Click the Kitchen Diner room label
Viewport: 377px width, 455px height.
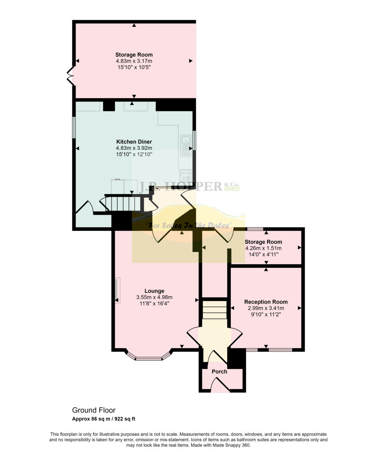(134, 142)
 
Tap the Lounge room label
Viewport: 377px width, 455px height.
(154, 291)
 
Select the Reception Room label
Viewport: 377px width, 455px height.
(266, 302)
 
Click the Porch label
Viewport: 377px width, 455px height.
(219, 372)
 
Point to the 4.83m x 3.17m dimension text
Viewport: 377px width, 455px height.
(134, 61)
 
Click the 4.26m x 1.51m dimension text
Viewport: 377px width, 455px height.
(263, 248)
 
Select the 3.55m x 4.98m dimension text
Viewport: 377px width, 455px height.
(154, 298)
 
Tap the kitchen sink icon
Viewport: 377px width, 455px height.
(186, 145)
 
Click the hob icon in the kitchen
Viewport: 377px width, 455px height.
(186, 175)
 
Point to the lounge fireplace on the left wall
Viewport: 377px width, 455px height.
(117, 290)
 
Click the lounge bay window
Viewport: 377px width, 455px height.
(149, 357)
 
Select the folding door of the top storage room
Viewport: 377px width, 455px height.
(70, 75)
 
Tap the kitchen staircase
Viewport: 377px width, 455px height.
(123, 203)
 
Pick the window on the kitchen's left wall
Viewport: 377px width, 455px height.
(74, 127)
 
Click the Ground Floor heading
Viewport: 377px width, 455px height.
(94, 410)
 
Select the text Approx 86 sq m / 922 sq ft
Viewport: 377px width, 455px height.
(103, 419)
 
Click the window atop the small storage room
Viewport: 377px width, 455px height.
(255, 229)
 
